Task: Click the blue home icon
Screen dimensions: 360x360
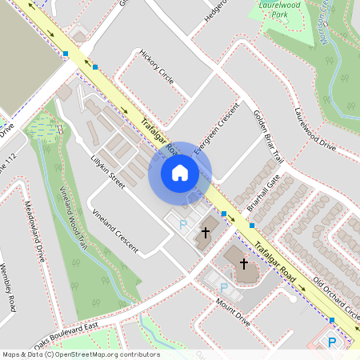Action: [x=180, y=172]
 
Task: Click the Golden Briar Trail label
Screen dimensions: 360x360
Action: [x=270, y=127]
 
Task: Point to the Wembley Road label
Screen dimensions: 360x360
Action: [x=9, y=287]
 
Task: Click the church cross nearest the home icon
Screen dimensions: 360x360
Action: [x=205, y=233]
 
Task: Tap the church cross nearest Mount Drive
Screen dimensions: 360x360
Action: [x=243, y=262]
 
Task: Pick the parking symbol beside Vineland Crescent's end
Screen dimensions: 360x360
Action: [x=182, y=226]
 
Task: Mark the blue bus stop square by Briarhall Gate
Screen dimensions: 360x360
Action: [x=224, y=214]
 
